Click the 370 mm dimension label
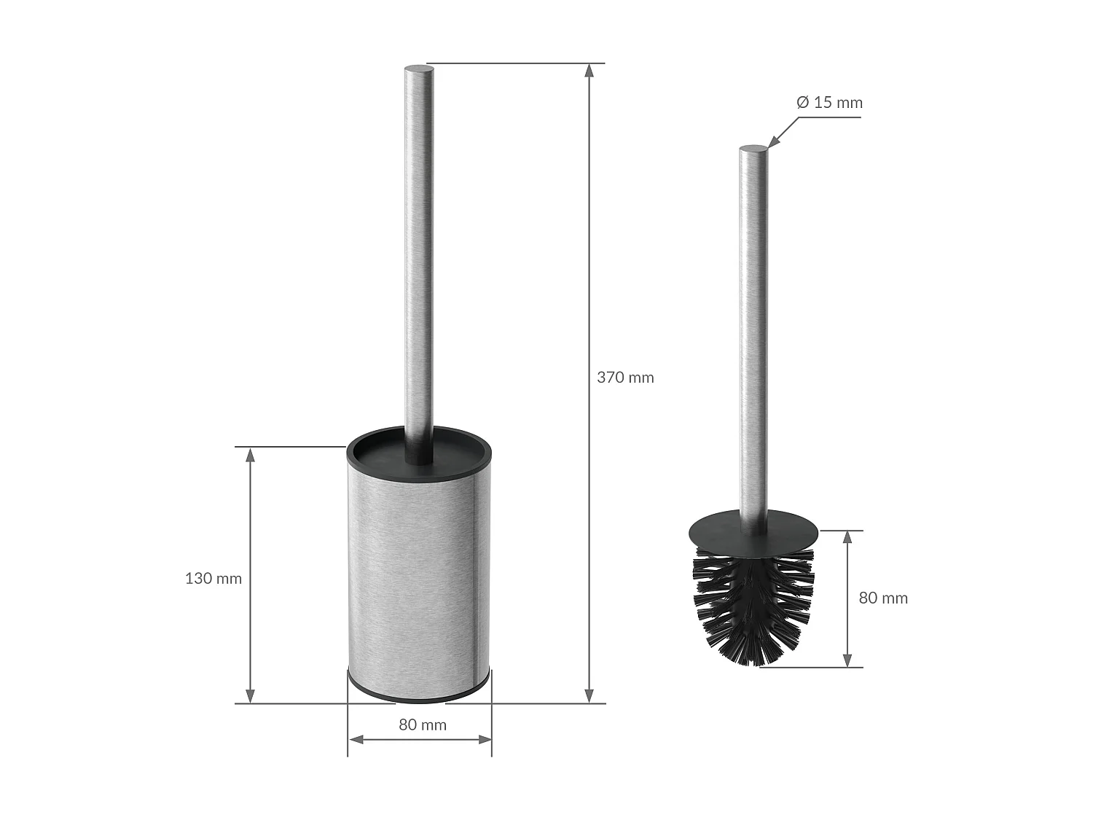coord(625,378)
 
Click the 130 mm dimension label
coord(213,579)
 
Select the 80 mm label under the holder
coord(422,725)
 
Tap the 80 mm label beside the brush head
coord(883,598)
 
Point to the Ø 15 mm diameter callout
coord(829,103)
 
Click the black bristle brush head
coord(753,605)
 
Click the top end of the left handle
coord(419,70)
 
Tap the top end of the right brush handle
coord(753,150)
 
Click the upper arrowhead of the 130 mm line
coord(250,455)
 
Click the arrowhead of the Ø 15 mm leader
coord(772,143)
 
